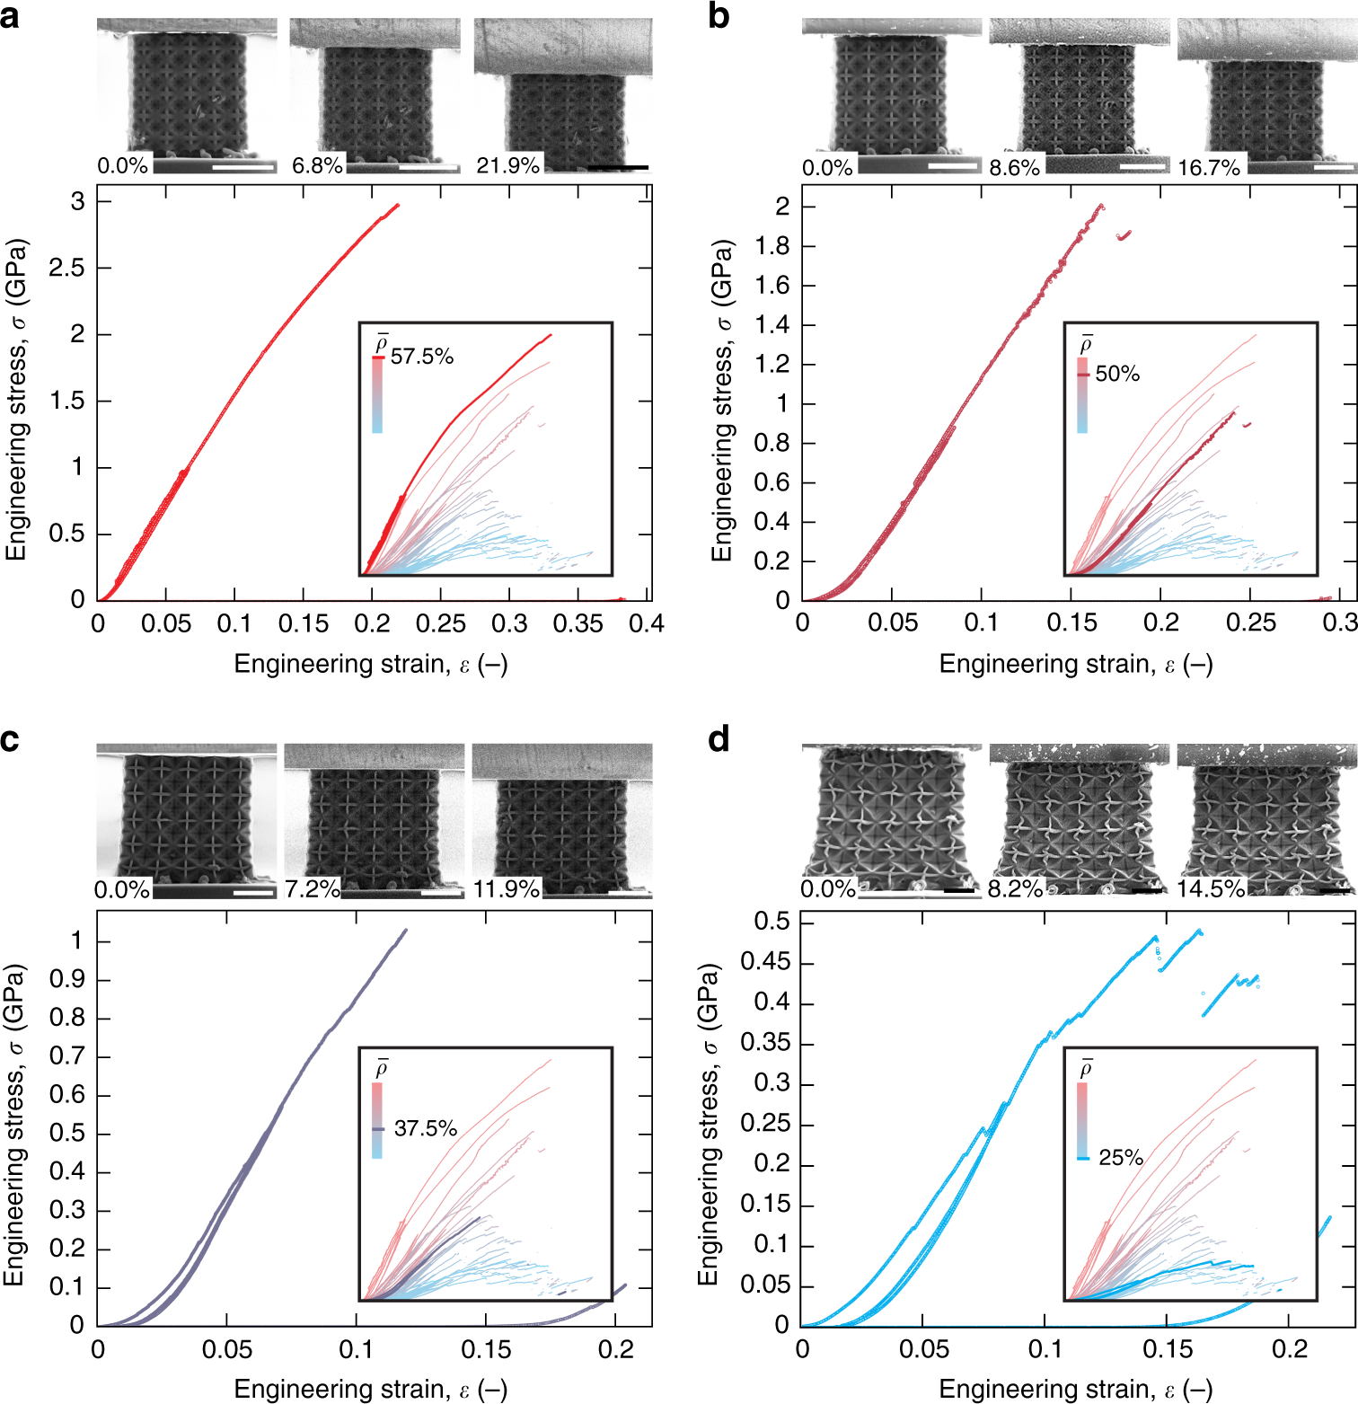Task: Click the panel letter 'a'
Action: pyautogui.click(x=10, y=17)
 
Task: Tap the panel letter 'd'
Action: pyautogui.click(x=719, y=740)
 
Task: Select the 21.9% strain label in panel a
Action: pyautogui.click(x=507, y=165)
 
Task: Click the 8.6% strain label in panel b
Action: pyautogui.click(x=1014, y=168)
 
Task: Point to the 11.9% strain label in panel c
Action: pyautogui.click(x=507, y=889)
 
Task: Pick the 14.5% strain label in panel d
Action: pyautogui.click(x=1211, y=889)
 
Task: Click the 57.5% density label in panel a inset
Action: pyautogui.click(x=421, y=357)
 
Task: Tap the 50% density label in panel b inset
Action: pyautogui.click(x=1116, y=374)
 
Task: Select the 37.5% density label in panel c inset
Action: pyautogui.click(x=425, y=1128)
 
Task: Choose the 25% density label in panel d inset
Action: pyautogui.click(x=1120, y=1158)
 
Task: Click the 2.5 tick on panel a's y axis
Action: pyautogui.click(x=67, y=268)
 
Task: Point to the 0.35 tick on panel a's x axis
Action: pyautogui.click(x=578, y=623)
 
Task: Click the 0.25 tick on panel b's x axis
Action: pyautogui.click(x=1250, y=623)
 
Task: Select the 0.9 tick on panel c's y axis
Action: pyautogui.click(x=66, y=980)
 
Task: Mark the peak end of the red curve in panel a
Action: pyautogui.click(x=397, y=206)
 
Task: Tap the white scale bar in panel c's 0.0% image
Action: pyautogui.click(x=253, y=892)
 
